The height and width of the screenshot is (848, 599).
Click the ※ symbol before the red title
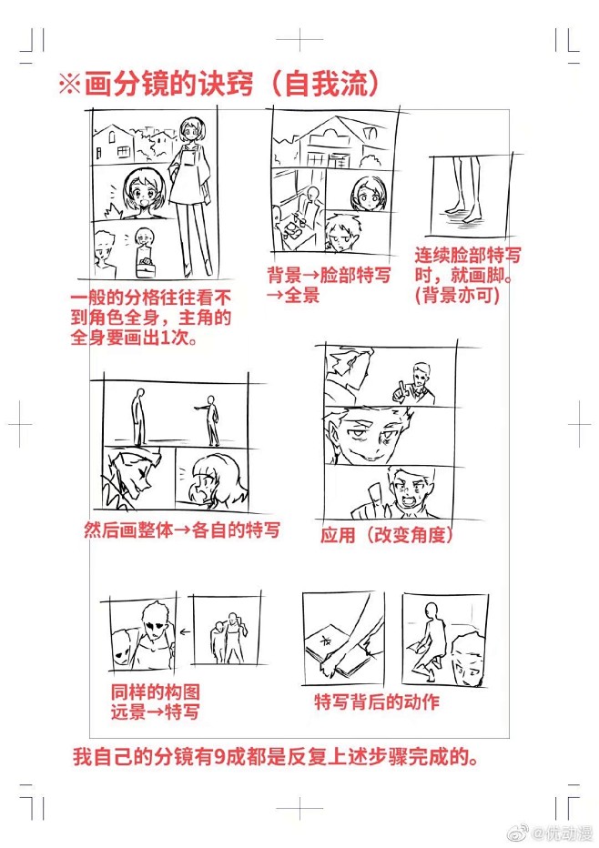(x=70, y=84)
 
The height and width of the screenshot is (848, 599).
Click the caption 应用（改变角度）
(x=387, y=534)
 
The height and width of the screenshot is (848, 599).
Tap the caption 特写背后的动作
(x=377, y=702)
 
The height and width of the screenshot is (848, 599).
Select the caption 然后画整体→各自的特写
(x=182, y=530)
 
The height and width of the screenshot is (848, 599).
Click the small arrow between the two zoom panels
(x=185, y=631)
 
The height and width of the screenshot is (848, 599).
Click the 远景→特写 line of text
(x=155, y=712)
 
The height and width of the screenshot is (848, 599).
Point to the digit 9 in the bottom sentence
(x=218, y=757)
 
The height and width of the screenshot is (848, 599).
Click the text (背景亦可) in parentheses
(x=457, y=296)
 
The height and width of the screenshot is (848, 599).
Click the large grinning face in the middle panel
(x=368, y=437)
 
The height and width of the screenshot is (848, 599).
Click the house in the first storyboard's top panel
(x=113, y=144)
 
